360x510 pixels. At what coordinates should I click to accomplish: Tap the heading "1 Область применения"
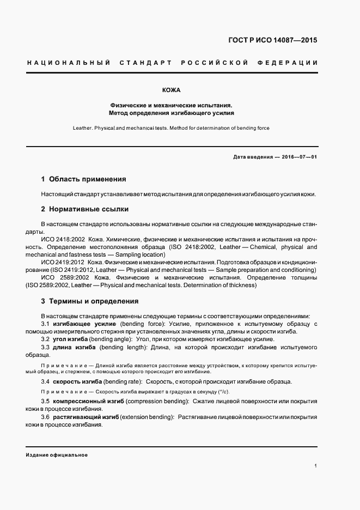pyautogui.click(x=83, y=179)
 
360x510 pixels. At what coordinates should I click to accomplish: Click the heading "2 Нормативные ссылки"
pyautogui.click(x=84, y=209)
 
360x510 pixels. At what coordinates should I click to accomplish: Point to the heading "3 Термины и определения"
pyautogui.click(x=90, y=301)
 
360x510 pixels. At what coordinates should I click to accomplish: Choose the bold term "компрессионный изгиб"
pyautogui.click(x=89, y=401)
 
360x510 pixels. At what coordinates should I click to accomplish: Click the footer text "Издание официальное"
pyautogui.click(x=57, y=455)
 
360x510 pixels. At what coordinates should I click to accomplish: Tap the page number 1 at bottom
pyautogui.click(x=316, y=466)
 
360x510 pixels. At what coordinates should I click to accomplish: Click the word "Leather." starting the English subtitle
pyautogui.click(x=82, y=128)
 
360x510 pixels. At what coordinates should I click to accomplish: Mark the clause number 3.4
pyautogui.click(x=45, y=381)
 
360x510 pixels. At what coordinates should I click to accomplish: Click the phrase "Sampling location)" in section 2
pyautogui.click(x=138, y=254)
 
